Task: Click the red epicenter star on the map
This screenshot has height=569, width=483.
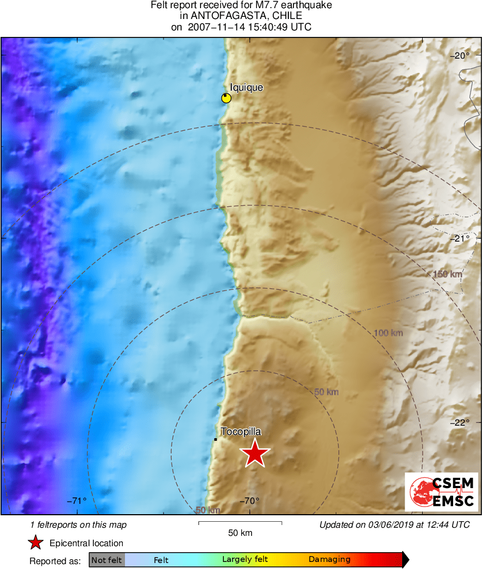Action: point(254,453)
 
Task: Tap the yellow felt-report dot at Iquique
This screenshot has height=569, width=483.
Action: point(226,98)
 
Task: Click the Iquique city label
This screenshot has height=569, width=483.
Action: point(246,87)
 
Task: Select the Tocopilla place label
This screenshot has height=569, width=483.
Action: point(241,432)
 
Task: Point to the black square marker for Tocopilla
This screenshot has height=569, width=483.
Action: point(216,439)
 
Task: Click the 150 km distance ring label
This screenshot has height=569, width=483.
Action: point(447,274)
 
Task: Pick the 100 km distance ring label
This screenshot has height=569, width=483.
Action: point(388,332)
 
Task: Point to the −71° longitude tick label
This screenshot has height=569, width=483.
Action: point(77,501)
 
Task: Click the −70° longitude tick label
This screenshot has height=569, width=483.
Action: point(249,501)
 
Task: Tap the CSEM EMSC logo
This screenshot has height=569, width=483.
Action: point(441,491)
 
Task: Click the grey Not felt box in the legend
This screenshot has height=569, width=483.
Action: point(106,560)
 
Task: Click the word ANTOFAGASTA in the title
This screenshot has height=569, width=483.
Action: point(226,16)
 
